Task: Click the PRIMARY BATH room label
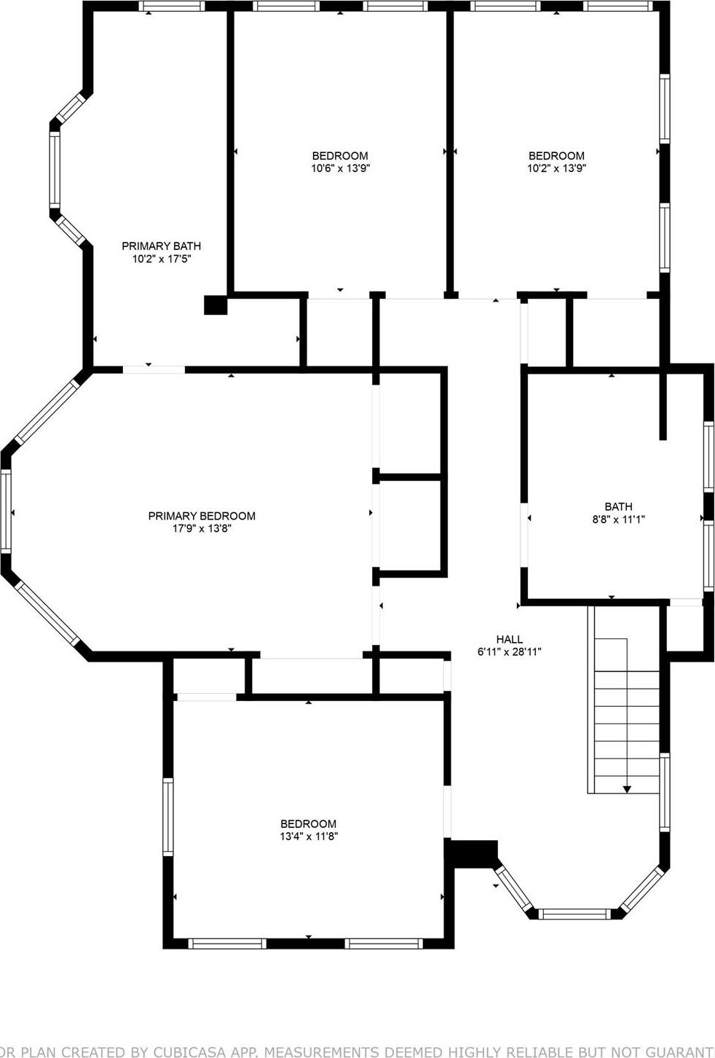tap(161, 246)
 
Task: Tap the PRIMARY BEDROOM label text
tap(202, 516)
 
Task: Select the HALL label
tap(509, 640)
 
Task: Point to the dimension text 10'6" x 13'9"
tap(340, 168)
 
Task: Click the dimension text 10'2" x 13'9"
tap(556, 168)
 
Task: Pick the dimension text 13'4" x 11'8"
tap(309, 836)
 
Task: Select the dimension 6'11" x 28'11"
tap(509, 652)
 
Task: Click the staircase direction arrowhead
tap(626, 788)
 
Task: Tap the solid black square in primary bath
tap(216, 305)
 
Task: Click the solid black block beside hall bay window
tap(473, 852)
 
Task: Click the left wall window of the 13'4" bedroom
tap(168, 816)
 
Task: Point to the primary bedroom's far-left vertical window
tap(7, 511)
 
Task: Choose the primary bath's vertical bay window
tap(55, 170)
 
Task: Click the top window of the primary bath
tap(171, 7)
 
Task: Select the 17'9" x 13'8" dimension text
tap(202, 528)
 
